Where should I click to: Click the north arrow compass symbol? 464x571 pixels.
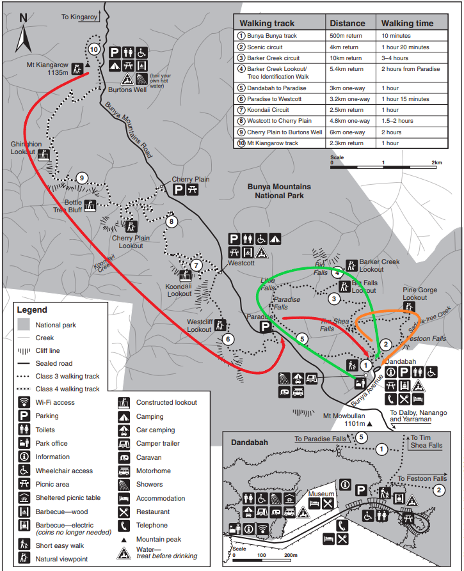click(x=24, y=33)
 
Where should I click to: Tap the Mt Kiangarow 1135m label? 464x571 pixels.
click(x=48, y=68)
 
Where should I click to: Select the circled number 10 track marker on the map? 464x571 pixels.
click(x=94, y=49)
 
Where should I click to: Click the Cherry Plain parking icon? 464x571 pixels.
click(x=179, y=190)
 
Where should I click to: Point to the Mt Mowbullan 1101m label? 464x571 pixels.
click(x=344, y=419)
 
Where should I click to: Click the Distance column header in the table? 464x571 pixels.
click(x=348, y=24)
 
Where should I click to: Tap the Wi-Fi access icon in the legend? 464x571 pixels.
click(x=24, y=403)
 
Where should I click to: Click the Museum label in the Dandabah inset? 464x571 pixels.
click(x=320, y=494)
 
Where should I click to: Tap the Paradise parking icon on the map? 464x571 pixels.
click(x=265, y=328)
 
